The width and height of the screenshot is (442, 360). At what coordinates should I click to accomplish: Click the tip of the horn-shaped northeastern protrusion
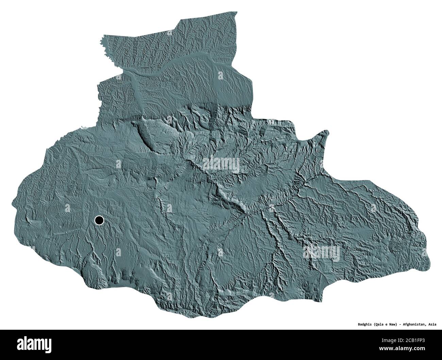[327, 131]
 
